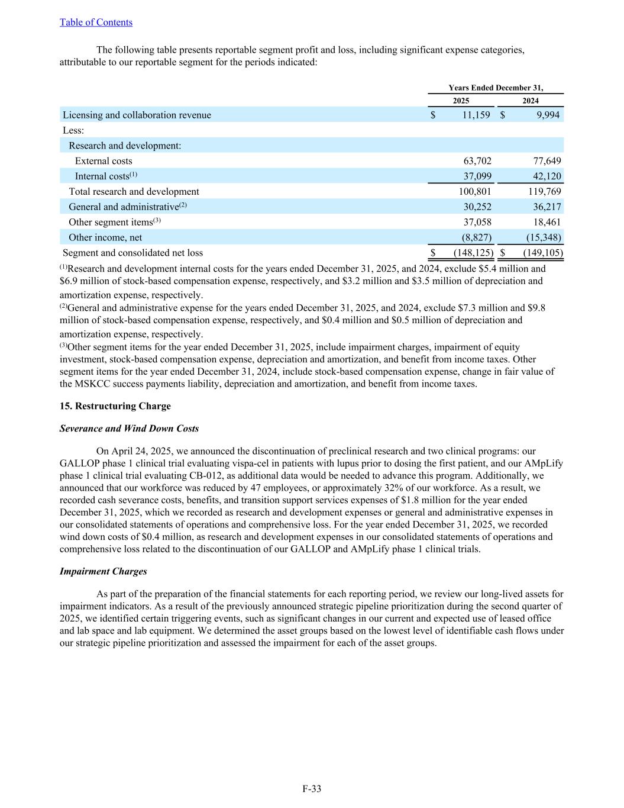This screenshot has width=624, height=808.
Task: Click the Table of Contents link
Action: click(96, 22)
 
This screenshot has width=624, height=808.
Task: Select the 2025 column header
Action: click(461, 101)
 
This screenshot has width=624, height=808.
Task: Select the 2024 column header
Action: click(531, 101)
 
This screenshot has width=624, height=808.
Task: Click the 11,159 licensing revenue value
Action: click(476, 115)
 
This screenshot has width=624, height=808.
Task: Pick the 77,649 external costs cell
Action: click(545, 161)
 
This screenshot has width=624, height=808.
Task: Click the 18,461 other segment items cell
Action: click(545, 223)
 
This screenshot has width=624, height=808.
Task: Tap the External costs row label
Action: click(104, 161)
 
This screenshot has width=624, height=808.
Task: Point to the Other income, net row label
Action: click(105, 238)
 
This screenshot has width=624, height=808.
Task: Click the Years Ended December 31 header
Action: click(496, 88)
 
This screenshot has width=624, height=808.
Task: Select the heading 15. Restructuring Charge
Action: click(115, 406)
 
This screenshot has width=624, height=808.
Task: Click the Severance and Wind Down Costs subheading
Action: click(129, 429)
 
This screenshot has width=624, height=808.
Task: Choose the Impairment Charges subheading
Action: click(103, 572)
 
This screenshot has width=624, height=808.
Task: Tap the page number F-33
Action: click(312, 788)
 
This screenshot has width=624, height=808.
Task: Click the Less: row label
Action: click(73, 130)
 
